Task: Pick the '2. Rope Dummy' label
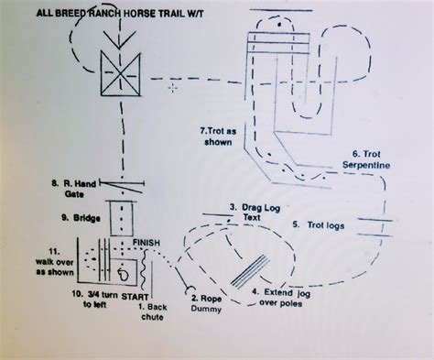(x=204, y=303)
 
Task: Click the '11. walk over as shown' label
(x=37, y=260)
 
